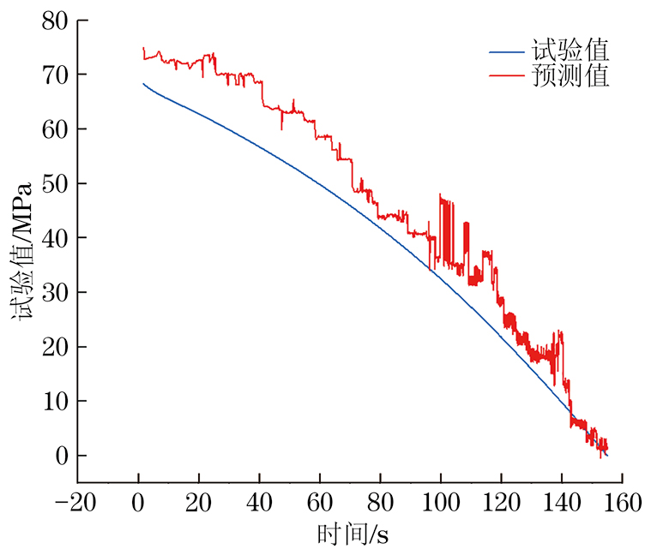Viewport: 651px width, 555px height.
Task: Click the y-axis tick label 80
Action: click(54, 20)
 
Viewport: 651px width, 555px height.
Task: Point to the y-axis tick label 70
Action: click(54, 75)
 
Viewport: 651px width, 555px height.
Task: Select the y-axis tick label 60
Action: click(54, 128)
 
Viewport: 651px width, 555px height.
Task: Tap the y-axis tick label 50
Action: click(54, 183)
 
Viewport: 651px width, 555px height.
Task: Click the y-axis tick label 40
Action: click(54, 237)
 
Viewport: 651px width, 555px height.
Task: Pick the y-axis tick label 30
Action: click(54, 292)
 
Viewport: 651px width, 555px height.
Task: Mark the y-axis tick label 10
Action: click(54, 401)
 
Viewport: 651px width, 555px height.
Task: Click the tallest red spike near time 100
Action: click(440, 195)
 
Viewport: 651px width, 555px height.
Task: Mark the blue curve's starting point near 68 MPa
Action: click(143, 84)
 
